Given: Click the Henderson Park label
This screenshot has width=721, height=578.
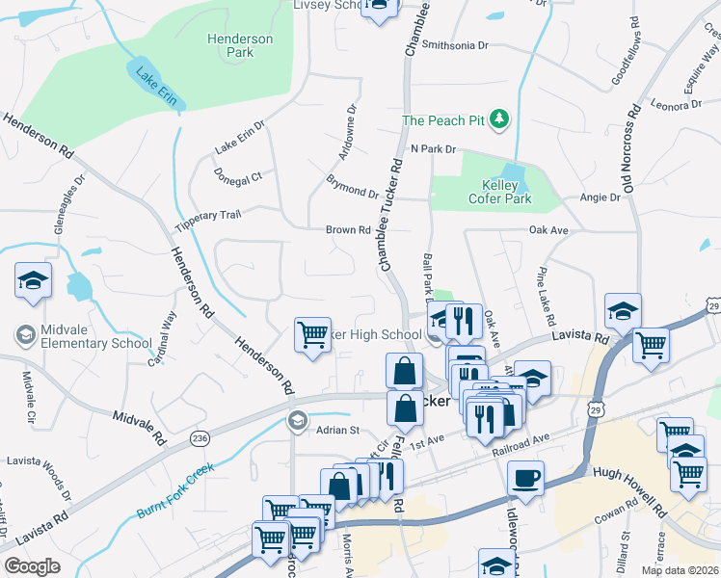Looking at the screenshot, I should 240,45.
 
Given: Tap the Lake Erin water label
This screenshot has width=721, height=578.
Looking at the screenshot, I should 154,78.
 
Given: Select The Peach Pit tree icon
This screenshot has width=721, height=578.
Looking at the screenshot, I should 499,119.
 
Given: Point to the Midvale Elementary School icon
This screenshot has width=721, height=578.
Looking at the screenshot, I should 27,335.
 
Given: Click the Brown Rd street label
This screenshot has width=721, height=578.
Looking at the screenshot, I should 348,230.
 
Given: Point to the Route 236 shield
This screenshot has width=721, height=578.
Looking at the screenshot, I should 200,438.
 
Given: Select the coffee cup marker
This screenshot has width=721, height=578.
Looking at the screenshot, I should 525,478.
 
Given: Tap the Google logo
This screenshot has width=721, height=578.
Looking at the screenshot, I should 32,565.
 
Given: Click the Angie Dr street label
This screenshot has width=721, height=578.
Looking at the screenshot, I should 600,197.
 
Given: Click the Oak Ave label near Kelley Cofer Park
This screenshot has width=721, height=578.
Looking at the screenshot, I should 548,230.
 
